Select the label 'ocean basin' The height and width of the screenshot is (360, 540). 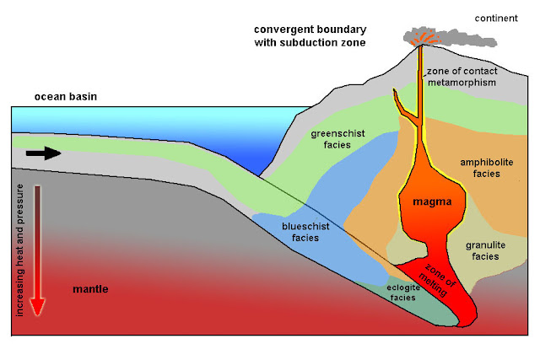click(x=66, y=97)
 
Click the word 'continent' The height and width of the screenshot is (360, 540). click(x=496, y=18)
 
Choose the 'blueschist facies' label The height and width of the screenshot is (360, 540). click(x=304, y=232)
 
